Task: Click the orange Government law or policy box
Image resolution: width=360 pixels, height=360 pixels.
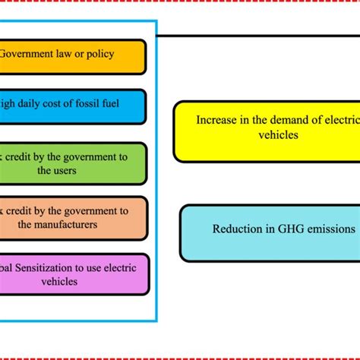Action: (72, 57)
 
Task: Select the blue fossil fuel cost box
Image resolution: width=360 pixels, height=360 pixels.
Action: (72, 106)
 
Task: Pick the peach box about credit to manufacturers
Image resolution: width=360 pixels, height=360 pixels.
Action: (72, 218)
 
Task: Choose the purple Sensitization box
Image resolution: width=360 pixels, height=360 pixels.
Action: (72, 274)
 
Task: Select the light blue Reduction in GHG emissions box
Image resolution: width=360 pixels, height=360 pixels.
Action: (270, 232)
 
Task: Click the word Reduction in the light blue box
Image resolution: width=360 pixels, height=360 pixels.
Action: (237, 229)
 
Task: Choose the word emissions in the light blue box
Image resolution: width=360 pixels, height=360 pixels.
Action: (330, 229)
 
